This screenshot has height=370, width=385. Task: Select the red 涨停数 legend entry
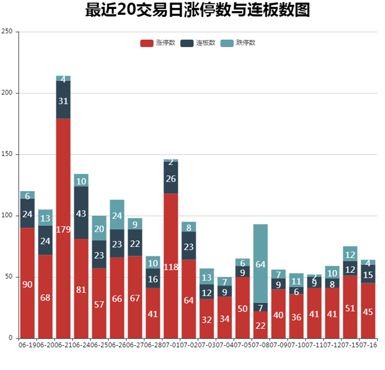(158, 43)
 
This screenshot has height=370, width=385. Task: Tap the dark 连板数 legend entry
(198, 43)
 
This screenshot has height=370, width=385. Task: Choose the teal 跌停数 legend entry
(238, 43)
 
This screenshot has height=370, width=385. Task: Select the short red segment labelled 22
(260, 325)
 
